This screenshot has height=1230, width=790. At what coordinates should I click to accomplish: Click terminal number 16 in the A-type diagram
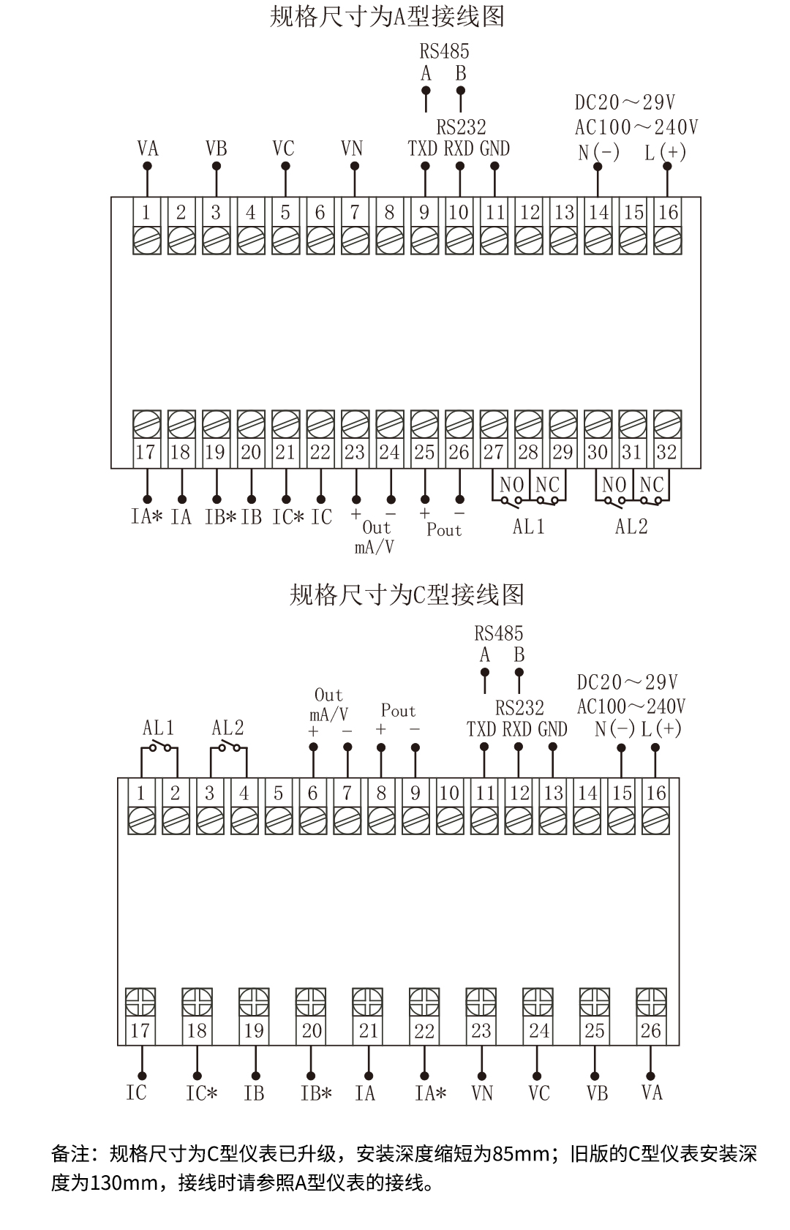(668, 213)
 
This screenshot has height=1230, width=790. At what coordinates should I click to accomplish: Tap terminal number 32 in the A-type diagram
(666, 452)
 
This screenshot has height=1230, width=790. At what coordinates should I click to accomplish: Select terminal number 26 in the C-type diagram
(650, 1031)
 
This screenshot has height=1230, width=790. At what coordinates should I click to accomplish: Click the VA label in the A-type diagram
(147, 149)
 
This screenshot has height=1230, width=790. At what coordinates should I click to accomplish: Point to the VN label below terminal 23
(482, 1093)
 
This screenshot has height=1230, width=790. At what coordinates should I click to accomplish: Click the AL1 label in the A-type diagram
(528, 527)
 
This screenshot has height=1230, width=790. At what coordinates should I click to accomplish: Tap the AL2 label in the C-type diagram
(227, 728)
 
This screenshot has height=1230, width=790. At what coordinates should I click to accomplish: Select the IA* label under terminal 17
(146, 517)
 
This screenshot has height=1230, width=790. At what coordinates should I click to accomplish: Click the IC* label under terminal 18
(201, 1094)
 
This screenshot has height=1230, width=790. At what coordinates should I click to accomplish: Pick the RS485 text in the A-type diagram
(444, 52)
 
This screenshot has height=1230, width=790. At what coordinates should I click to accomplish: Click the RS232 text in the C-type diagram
(519, 708)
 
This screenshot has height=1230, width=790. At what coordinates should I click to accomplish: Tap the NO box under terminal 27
(512, 485)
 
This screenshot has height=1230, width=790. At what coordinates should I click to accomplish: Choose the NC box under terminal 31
(651, 485)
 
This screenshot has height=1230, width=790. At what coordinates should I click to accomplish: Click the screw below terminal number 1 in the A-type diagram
(146, 240)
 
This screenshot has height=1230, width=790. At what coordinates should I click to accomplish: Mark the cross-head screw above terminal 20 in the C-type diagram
(311, 1001)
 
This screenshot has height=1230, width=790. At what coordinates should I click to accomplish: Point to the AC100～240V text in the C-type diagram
(631, 706)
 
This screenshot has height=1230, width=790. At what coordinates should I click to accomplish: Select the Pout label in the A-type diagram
(444, 530)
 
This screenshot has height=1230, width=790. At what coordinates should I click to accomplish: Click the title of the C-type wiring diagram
(407, 595)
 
